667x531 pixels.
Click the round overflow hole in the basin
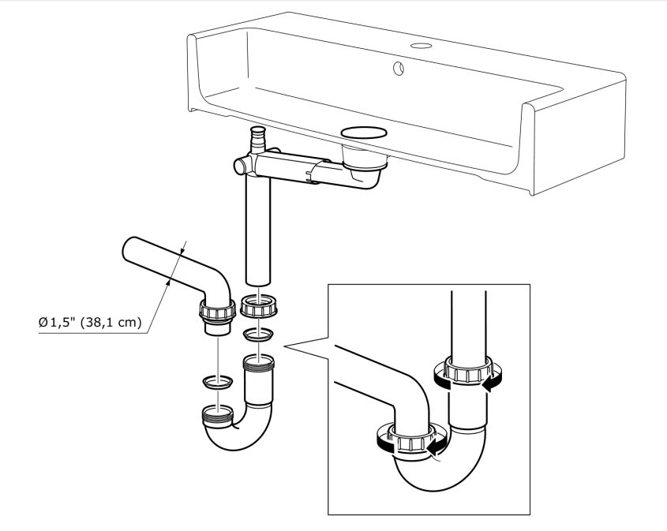click(399, 69)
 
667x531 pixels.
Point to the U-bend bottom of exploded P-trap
click(237, 438)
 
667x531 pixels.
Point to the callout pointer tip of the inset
click(285, 346)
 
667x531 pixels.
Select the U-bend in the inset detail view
click(430, 473)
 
